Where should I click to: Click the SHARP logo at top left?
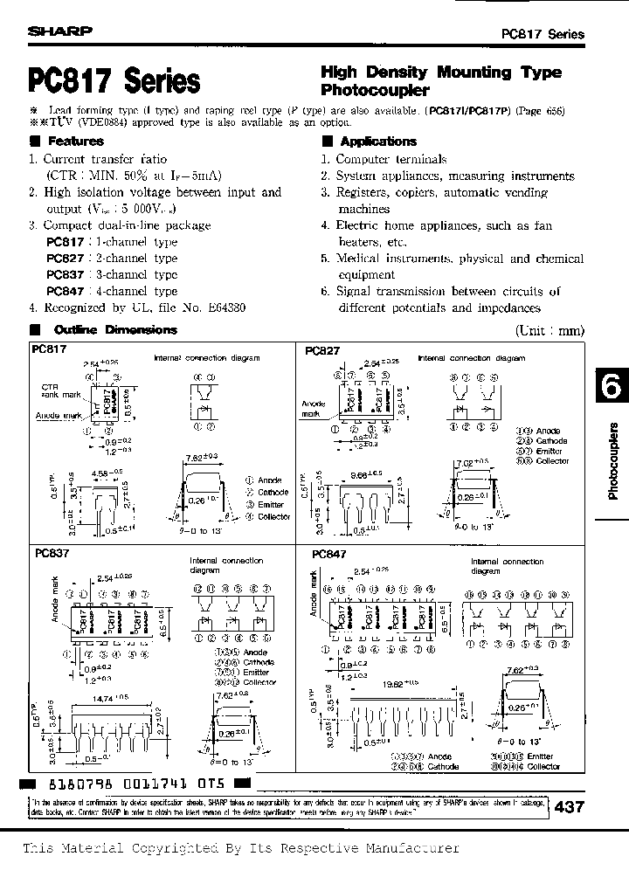pyautogui.click(x=60, y=31)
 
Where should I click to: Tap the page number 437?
pyautogui.click(x=569, y=808)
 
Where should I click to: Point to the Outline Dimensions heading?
pyautogui.click(x=114, y=330)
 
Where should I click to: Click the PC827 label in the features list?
pyautogui.click(x=66, y=259)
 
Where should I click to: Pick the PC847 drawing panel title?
pyautogui.click(x=328, y=554)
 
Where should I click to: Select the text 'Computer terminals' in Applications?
pyautogui.click(x=391, y=160)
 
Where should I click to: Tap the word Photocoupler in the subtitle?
pyautogui.click(x=375, y=90)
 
